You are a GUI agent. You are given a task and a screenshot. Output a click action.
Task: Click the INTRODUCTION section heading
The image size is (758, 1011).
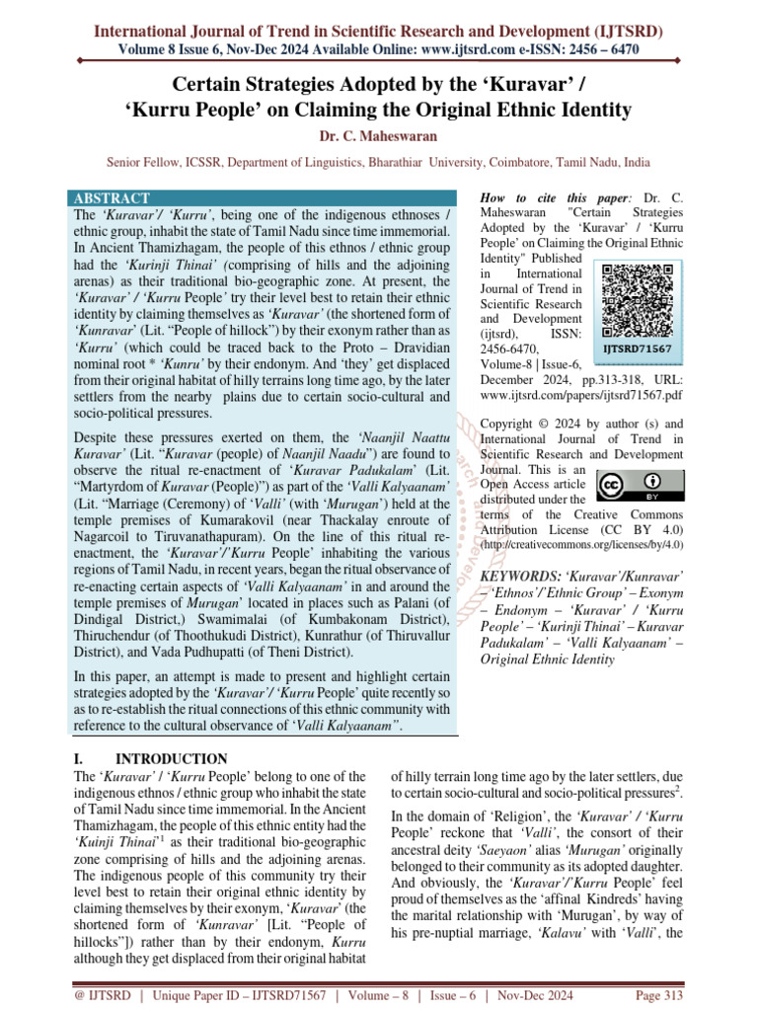click(172, 759)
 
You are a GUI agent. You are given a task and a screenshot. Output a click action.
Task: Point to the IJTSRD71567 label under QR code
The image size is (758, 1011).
click(638, 350)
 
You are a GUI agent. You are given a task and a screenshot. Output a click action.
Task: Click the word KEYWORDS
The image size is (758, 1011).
click(517, 575)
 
